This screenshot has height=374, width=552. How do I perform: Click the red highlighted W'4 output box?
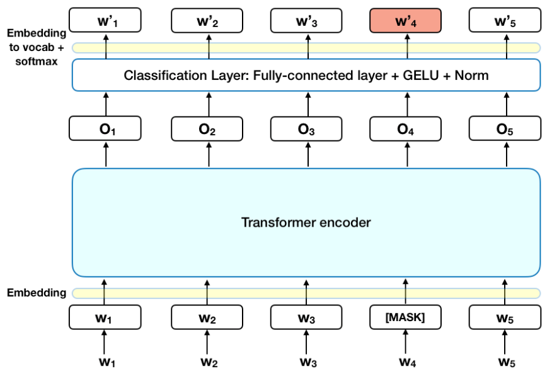[405, 21]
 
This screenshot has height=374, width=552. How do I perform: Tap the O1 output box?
[105, 129]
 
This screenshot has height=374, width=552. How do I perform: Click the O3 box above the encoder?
[307, 129]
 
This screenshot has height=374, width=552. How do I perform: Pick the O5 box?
[505, 129]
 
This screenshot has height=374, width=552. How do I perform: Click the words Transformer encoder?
[306, 222]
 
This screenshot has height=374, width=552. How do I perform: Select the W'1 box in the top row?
[105, 21]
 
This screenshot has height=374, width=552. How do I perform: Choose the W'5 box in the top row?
[505, 21]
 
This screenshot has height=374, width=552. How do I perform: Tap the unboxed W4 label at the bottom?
[405, 362]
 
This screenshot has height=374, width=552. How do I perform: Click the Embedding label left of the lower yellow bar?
[36, 293]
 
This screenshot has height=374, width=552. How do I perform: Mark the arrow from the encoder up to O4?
[405, 155]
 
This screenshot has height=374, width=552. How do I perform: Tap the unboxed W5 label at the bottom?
[505, 362]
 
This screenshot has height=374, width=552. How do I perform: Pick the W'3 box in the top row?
[307, 21]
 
